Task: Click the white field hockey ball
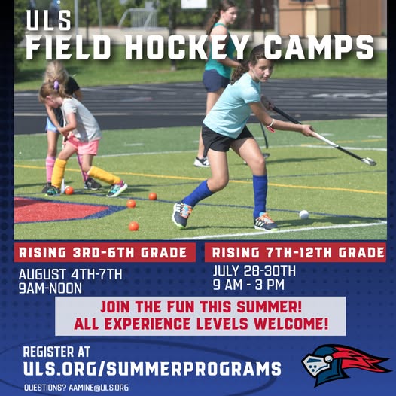pos(304,215)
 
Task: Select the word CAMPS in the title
pos(318,47)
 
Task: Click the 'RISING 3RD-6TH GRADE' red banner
pos(105,252)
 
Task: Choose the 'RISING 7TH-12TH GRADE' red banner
pos(295,252)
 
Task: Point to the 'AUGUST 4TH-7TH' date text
pos(70,274)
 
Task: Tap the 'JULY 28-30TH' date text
pos(254,271)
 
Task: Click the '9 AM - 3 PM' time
pos(248,285)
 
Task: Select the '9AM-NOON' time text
pos(50,288)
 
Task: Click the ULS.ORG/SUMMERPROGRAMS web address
pos(152,368)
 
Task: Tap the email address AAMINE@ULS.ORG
pos(99,388)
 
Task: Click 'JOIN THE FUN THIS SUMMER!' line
pos(201,307)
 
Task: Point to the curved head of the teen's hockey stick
pos(369,161)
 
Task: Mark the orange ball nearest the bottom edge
pos(133,226)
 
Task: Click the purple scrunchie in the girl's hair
pos(56,85)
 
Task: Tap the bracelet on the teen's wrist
pos(271,124)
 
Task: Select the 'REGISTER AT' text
pos(56,352)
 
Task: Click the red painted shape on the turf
pos(58,209)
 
